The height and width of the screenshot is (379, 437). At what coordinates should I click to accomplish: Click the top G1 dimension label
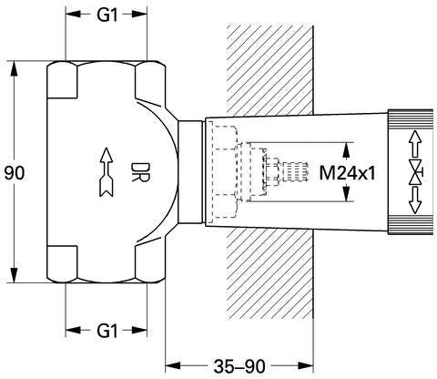point(107,15)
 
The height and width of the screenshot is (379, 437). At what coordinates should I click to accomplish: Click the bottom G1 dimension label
point(107,331)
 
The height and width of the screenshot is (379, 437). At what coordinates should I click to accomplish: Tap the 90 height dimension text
point(15,173)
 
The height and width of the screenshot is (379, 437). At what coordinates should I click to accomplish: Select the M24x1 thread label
point(347,173)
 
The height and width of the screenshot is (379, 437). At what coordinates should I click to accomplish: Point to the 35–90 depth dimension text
point(239,366)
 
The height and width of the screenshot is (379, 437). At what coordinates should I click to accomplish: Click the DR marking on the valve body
point(140,172)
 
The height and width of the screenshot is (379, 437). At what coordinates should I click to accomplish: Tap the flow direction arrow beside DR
point(107,172)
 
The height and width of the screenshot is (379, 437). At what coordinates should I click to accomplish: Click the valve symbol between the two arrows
point(415,173)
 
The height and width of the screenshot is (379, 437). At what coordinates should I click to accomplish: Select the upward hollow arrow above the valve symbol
point(415,145)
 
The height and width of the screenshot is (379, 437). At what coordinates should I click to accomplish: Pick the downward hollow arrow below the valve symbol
point(415,200)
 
